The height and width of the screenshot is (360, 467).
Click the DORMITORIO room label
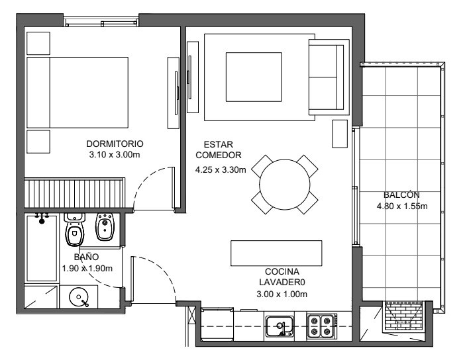pyautogui.click(x=115, y=144)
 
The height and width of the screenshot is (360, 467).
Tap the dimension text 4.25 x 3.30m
pyautogui.click(x=221, y=170)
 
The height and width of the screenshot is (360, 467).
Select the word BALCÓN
pyautogui.click(x=401, y=195)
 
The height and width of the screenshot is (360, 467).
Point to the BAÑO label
pyautogui.click(x=86, y=257)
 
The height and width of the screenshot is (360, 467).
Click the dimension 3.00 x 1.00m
pyautogui.click(x=282, y=294)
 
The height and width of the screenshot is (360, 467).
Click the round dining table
pyautogui.click(x=285, y=185)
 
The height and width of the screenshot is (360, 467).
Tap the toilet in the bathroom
pyautogui.click(x=74, y=229)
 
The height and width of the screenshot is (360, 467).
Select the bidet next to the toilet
pyautogui.click(x=105, y=227)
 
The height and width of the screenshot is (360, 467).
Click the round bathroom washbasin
pyautogui.click(x=79, y=296)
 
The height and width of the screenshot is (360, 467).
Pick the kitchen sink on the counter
pyautogui.click(x=280, y=326)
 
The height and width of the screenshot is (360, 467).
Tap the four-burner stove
pyautogui.click(x=322, y=326)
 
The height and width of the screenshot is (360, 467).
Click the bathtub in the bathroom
pyautogui.click(x=42, y=248)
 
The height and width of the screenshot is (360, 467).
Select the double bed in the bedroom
pyautogui.click(x=78, y=93)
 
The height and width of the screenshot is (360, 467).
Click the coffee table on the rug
pyautogui.click(x=254, y=77)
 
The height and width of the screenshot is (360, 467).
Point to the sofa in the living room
pyautogui.click(x=329, y=77)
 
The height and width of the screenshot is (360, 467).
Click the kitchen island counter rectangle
pyautogui.click(x=276, y=253)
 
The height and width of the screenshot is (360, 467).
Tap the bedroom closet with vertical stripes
pyautogui.click(x=74, y=193)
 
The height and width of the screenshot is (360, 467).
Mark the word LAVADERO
pyautogui.click(x=282, y=283)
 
